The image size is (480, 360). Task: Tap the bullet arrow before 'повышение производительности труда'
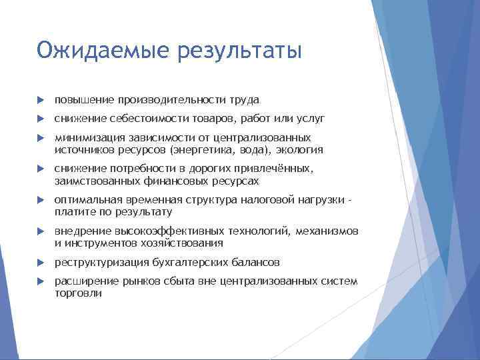(40, 100)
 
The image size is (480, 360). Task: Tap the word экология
(301, 150)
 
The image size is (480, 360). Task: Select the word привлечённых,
(273, 169)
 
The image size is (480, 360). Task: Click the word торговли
(78, 293)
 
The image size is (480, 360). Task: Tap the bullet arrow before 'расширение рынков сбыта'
(40, 281)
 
